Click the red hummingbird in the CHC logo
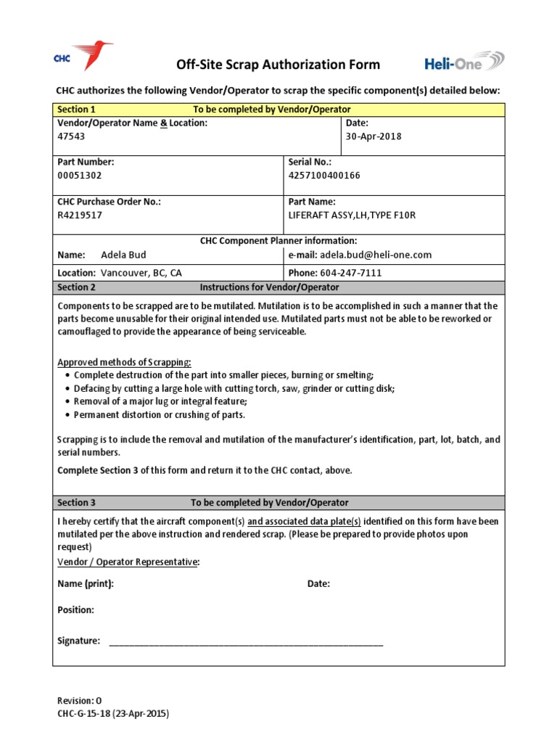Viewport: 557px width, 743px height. pos(94,54)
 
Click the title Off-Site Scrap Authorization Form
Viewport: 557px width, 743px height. pos(278,65)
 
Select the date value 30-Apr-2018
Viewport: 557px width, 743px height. pos(374,136)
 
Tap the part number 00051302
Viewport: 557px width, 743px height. pos(80,176)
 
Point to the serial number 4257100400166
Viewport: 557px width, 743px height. pos(324,176)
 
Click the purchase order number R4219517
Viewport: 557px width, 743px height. pos(80,215)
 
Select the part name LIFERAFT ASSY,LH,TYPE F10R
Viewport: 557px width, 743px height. pos(352,215)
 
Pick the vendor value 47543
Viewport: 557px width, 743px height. pos(70,136)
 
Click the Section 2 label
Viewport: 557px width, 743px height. pos(76,287)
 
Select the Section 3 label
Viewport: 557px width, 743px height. pos(76,502)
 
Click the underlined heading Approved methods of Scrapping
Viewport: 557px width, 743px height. pos(125,362)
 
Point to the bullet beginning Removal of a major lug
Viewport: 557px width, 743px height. pos(160,401)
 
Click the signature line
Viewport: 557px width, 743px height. pos(246,642)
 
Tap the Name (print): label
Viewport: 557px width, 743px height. pos(86,583)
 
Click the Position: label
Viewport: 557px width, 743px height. pos(75,609)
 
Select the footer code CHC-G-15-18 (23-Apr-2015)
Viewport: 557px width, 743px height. pos(113,714)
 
